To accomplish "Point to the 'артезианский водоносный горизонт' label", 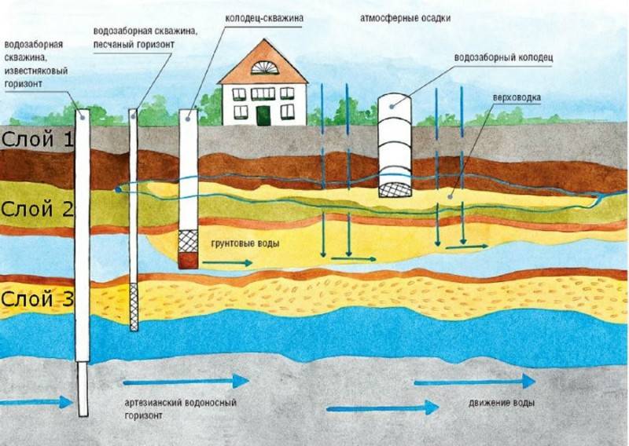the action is (x=180, y=408).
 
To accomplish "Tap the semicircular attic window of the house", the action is (x=263, y=68).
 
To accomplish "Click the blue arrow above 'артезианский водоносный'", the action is (x=186, y=381).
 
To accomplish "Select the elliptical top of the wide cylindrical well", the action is (x=395, y=101).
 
